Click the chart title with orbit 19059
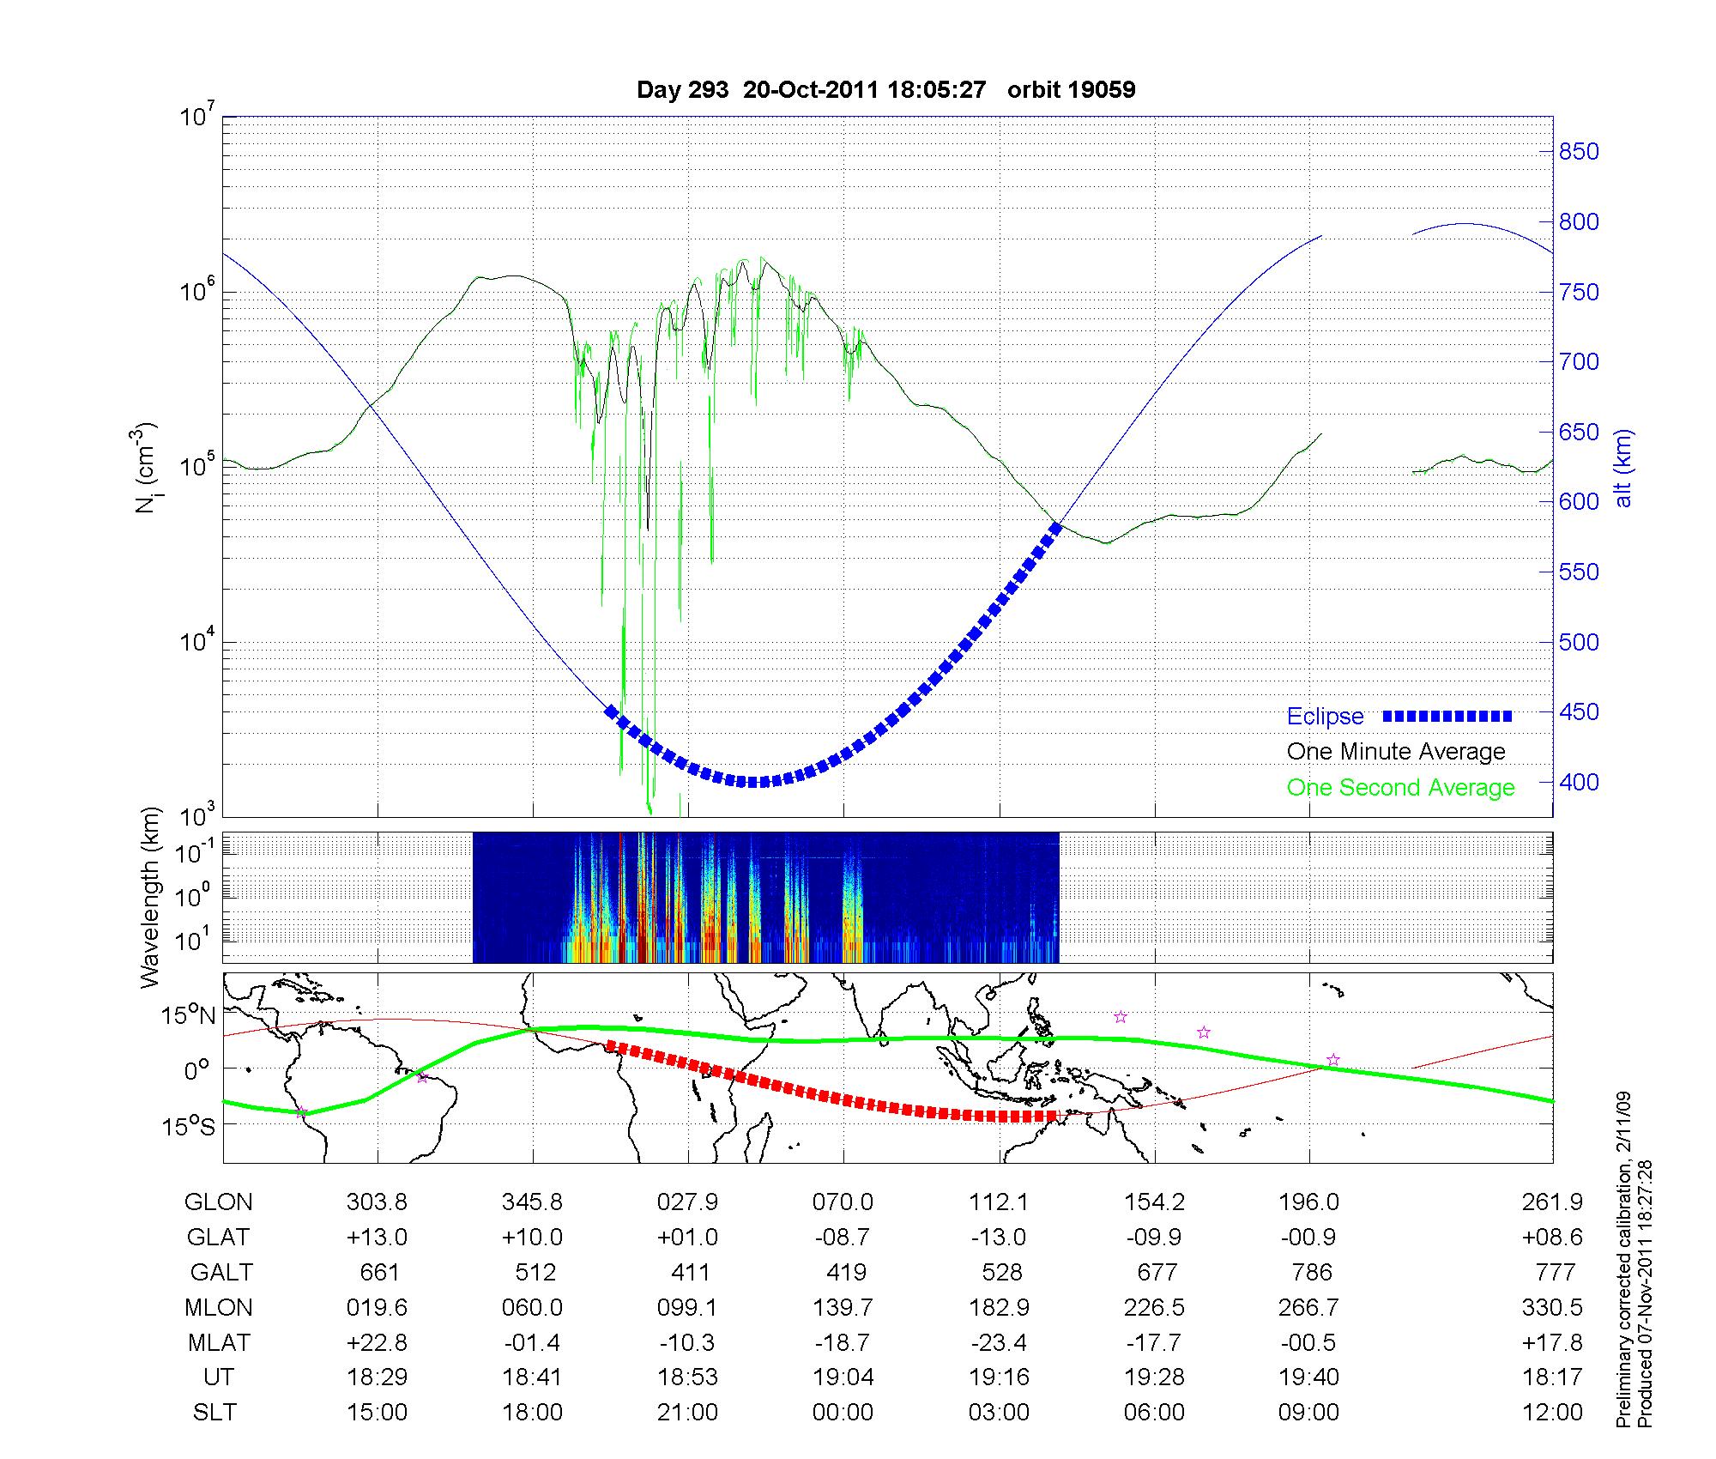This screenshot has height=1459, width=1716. pos(885,89)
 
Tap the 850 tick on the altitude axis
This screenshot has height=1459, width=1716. pos(1579,152)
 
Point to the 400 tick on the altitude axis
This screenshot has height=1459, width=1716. pos(1579,782)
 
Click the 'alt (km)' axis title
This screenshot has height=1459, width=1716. pos(1623,468)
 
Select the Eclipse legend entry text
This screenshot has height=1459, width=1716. pos(1325,716)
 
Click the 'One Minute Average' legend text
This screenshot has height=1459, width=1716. pos(1396,752)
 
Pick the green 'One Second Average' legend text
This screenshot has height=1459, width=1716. pos(1400,787)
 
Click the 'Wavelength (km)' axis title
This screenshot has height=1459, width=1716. pos(151,897)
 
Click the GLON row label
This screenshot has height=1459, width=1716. pos(218,1202)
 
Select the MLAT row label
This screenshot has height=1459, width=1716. pos(218,1342)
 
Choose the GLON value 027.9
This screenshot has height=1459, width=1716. pos(687,1202)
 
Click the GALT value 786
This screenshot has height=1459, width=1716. pos(1311,1272)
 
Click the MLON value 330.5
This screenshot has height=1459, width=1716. pos(1556,1307)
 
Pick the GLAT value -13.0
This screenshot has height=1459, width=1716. pos(999,1237)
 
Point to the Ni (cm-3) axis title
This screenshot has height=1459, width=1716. pos(147,468)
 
